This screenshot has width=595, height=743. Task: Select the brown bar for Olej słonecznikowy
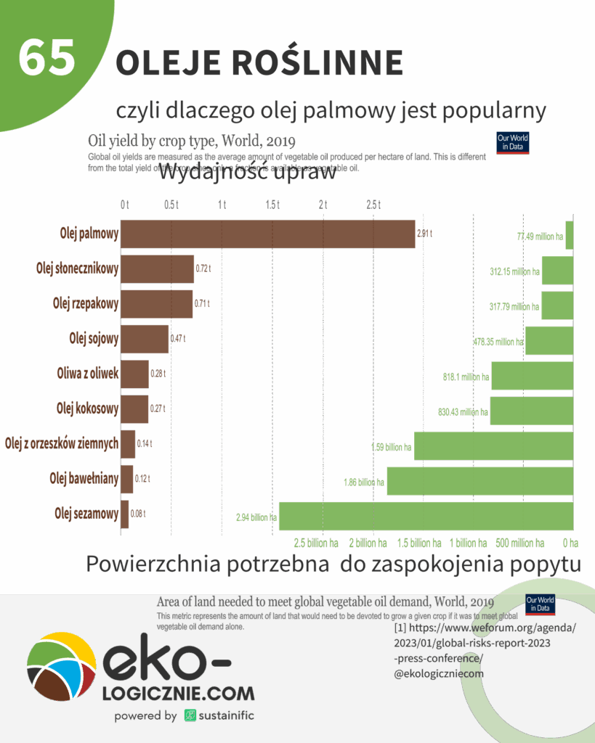157,268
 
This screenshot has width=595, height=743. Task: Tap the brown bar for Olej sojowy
145,338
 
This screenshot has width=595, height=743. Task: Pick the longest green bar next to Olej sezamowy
426,516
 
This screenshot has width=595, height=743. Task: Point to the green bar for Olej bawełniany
479,481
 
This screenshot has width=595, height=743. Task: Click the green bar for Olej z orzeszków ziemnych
493,446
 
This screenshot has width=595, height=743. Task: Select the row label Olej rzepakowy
86,303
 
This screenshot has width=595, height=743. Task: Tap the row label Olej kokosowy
87,409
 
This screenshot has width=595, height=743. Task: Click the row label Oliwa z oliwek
88,374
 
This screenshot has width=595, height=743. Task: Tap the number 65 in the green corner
47,58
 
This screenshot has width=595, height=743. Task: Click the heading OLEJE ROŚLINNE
259,63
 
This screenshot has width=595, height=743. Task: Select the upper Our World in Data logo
512,142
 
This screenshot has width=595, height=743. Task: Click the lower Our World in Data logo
540,604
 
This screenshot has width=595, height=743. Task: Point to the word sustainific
226,715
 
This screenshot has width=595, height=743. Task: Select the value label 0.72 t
203,269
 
